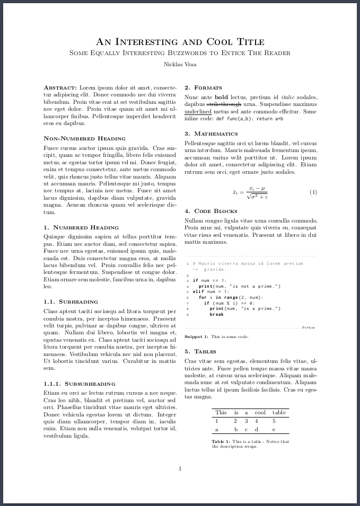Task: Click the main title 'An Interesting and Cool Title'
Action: [180, 42]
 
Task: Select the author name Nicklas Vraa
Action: [180, 64]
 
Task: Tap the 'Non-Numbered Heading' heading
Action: [84, 138]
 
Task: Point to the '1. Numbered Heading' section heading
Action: [81, 227]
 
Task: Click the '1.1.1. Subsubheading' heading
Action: [80, 383]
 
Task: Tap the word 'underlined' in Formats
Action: [198, 112]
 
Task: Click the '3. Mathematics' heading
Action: [211, 134]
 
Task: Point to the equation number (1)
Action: [313, 192]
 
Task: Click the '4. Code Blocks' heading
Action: [210, 211]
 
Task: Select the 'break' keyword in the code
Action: [216, 314]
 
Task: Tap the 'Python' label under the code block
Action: [309, 327]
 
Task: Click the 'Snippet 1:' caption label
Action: [196, 336]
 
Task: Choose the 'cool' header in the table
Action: [260, 412]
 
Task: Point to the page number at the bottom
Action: [180, 468]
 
